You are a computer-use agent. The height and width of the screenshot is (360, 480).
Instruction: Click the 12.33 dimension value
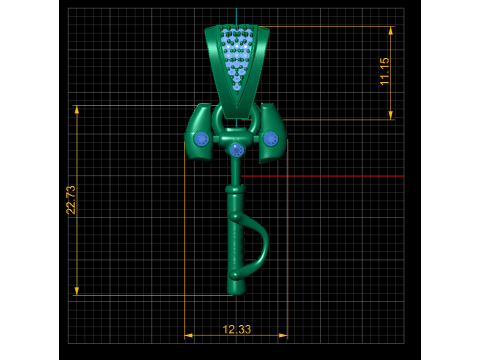[237, 329]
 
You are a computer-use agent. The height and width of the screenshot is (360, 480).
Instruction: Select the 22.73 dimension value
[71, 200]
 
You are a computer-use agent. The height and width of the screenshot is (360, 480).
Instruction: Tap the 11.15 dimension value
[384, 71]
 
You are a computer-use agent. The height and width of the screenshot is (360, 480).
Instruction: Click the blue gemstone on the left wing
[201, 139]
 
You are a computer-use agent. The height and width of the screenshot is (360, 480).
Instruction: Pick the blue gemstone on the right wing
[270, 139]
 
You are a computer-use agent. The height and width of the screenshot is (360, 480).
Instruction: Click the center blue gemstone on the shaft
[236, 150]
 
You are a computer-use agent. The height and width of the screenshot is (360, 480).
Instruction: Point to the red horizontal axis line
[322, 176]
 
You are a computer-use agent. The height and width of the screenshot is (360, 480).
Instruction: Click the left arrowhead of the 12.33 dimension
[189, 335]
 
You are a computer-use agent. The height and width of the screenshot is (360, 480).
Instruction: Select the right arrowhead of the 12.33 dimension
[283, 335]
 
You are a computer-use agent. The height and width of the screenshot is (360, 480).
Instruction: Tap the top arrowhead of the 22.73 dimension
[77, 110]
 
